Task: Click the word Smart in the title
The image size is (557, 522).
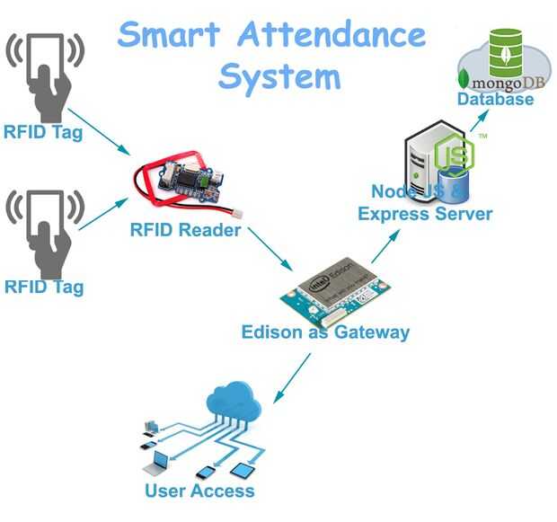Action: tap(168, 35)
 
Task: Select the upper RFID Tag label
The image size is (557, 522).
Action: tap(43, 133)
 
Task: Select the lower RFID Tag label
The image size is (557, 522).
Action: tap(43, 288)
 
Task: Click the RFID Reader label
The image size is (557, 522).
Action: tap(185, 230)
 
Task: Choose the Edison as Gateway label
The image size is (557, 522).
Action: tap(325, 332)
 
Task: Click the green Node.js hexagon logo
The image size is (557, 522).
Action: tap(453, 154)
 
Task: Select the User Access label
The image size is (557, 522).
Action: tap(199, 491)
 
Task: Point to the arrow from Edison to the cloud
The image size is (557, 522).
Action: tap(292, 377)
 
